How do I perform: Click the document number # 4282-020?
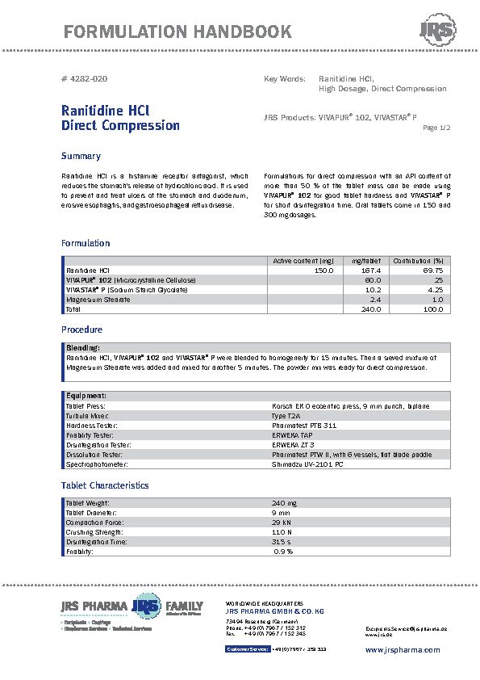pos(84,78)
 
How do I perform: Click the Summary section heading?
pos(81,156)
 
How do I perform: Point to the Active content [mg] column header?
pos(303,260)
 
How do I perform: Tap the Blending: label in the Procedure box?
pos(82,347)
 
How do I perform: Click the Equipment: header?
pos(86,396)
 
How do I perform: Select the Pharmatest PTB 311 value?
pos(304,425)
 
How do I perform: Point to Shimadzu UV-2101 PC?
pos(309,464)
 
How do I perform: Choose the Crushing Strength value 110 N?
pos(281,532)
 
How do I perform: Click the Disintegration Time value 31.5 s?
pos(282,542)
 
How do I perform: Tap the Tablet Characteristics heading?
pos(105,485)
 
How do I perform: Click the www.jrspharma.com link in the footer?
pos(403,649)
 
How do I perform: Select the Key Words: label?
pos(284,78)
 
